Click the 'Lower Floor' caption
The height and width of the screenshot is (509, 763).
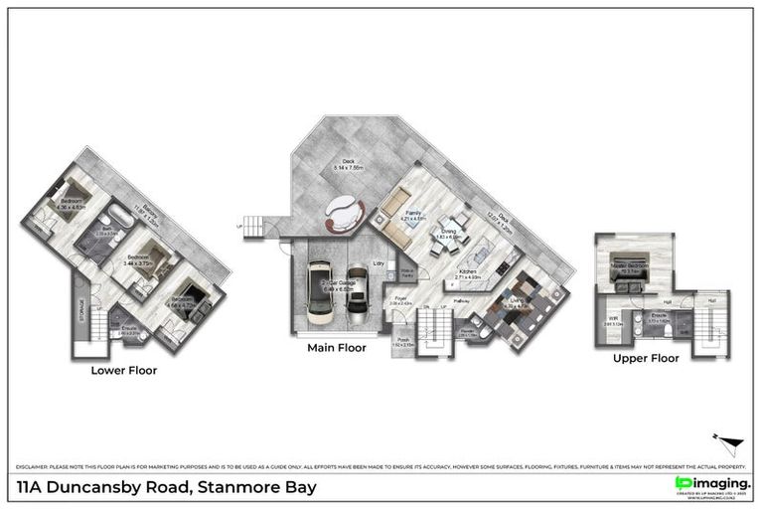pos(123,370)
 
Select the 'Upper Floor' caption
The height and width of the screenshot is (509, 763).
pos(646,357)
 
